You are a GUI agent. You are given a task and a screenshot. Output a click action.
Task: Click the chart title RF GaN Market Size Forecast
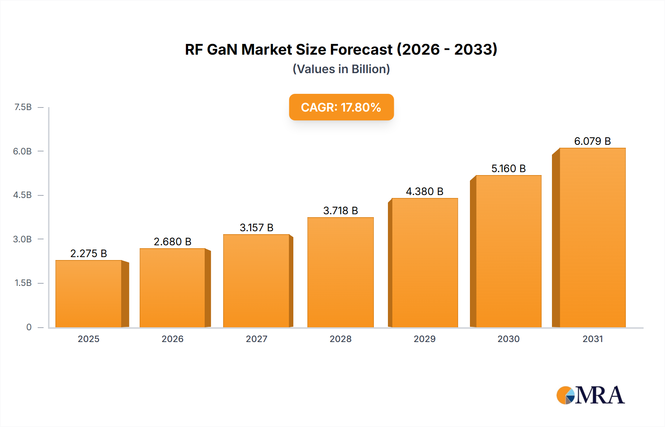341,49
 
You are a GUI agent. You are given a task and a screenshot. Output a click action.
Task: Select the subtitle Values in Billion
341,69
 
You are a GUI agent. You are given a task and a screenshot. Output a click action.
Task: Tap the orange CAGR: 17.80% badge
341,107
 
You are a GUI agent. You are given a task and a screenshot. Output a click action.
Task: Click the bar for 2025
89,294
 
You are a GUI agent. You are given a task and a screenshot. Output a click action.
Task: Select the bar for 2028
340,273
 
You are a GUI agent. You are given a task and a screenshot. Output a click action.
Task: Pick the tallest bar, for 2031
592,238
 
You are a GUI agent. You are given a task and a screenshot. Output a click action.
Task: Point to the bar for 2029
424,263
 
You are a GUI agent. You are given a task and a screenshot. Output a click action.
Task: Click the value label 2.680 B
173,242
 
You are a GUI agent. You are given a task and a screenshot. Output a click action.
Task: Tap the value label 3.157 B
256,228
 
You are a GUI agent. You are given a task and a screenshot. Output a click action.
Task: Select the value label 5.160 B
508,168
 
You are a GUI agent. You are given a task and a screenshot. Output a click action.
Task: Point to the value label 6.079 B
592,141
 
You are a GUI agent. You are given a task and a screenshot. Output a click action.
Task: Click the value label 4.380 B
424,191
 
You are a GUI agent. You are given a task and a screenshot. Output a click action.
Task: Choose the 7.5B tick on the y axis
23,107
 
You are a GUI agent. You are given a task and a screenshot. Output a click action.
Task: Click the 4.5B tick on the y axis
23,195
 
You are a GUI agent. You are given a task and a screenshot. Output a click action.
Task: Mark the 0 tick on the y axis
29,327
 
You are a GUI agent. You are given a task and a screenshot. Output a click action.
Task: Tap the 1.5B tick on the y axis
23,283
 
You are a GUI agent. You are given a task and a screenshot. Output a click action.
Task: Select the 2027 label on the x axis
256,339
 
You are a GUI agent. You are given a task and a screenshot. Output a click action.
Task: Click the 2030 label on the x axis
508,339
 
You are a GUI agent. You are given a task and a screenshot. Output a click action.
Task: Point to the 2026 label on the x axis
173,339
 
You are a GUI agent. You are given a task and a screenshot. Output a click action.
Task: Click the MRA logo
590,395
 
